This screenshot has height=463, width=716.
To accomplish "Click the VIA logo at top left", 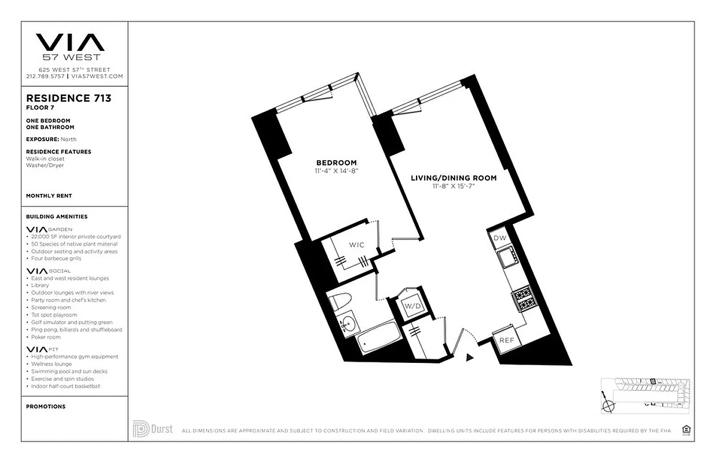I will [70, 42].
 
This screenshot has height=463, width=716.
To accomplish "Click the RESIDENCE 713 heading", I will [68, 98].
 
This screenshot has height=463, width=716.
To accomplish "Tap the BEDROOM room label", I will [336, 163].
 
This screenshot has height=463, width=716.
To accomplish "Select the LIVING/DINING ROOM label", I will [454, 178].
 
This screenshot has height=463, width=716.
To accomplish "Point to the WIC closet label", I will [357, 245].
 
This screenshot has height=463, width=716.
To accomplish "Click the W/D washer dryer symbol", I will [412, 305].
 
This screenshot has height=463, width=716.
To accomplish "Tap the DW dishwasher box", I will [499, 238].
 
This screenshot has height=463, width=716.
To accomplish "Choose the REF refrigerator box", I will [507, 340].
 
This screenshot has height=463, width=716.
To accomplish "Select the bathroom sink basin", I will [349, 325].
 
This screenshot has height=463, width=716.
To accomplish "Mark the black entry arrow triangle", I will [470, 358].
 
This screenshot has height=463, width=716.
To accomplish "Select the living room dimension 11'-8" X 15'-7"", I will [454, 186].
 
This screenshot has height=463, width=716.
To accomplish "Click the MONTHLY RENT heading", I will [49, 196].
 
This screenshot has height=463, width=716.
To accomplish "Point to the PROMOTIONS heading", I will [46, 406].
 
